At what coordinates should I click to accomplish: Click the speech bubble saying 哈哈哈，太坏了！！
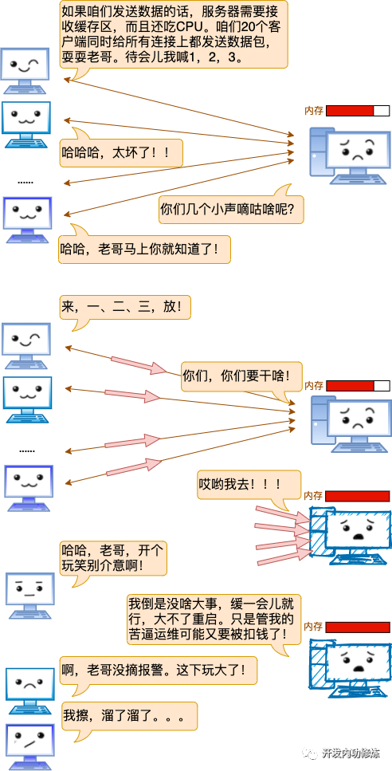pos(121,153)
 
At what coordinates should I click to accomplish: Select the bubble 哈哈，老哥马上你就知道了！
pos(144,249)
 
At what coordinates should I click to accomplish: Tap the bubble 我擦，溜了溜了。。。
pos(130,717)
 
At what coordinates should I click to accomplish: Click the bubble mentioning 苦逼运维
pos(214,619)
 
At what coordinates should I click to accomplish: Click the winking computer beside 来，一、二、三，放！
pos(28,345)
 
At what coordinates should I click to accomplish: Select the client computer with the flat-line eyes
pos(30,595)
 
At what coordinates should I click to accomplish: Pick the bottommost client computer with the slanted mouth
pos(29,746)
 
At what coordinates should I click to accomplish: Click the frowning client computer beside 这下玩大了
pos(30,690)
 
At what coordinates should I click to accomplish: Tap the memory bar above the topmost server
pos(358,111)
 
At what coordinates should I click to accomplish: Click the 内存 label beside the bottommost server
pos(314,627)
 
